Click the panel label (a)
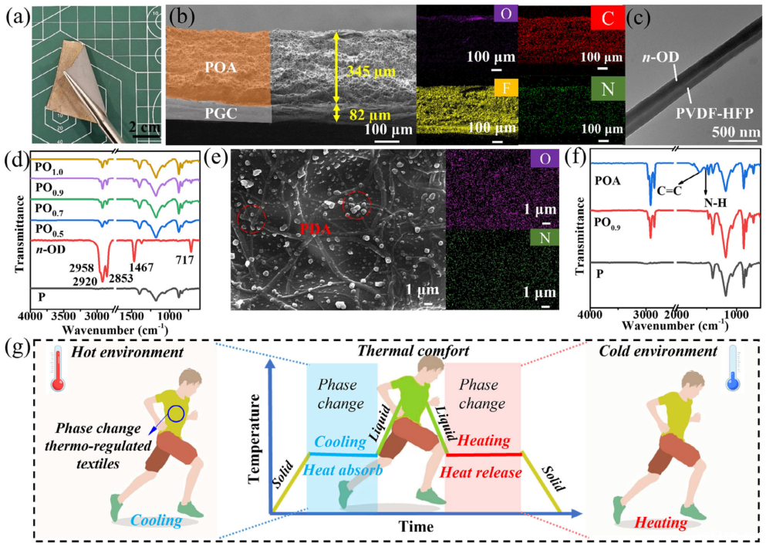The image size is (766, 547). click(13, 15)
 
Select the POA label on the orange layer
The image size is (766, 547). click(218, 68)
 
